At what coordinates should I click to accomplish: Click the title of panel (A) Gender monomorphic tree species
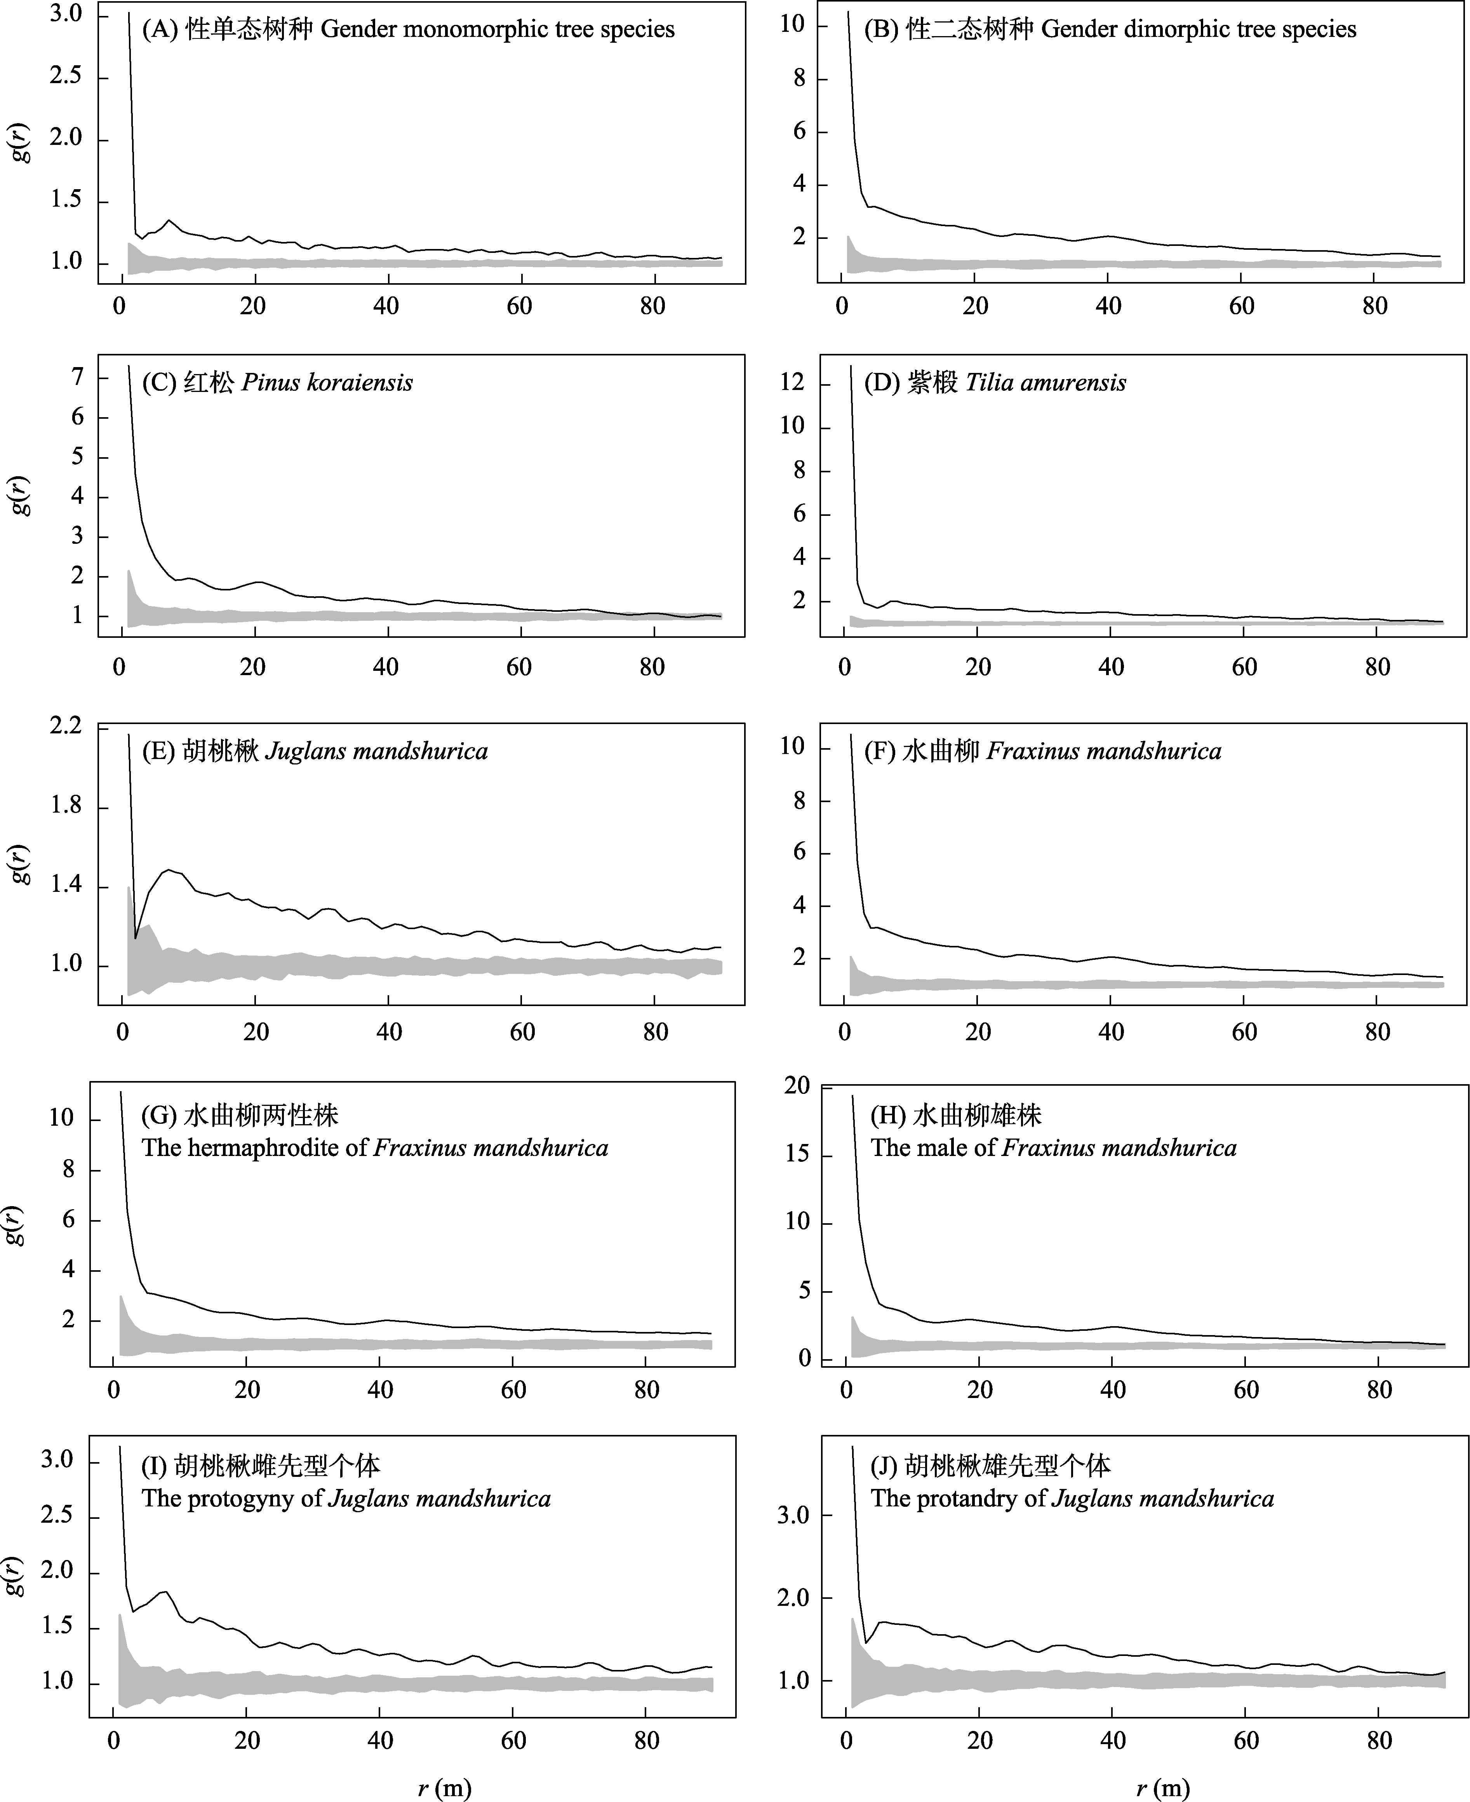[x=408, y=30]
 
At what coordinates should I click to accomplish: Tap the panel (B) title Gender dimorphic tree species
[x=1109, y=30]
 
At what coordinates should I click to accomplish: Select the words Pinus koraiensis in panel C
[x=327, y=383]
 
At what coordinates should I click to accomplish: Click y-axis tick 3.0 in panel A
[x=66, y=14]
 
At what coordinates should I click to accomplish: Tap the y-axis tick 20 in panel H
[x=797, y=1086]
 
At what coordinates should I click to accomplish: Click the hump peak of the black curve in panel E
[x=170, y=870]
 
